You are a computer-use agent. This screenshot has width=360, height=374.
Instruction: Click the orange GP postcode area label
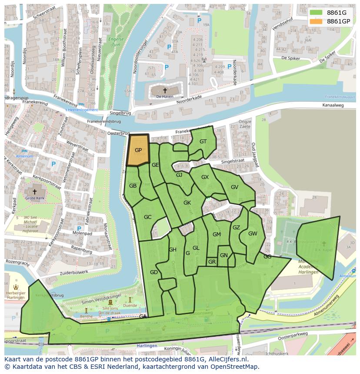point(138,150)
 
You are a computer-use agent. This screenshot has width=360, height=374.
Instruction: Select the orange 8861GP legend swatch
point(316,21)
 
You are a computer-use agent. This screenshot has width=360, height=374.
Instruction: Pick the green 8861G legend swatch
point(316,13)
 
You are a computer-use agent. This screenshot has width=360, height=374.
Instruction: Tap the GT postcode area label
point(203,142)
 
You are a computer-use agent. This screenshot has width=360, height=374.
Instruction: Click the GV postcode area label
point(234,187)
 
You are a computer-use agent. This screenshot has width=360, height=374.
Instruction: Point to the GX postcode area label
point(205,177)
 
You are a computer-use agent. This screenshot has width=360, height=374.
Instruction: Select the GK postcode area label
point(187,203)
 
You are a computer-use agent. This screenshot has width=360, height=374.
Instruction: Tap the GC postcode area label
point(147,217)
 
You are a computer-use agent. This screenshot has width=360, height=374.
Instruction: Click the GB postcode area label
point(133,186)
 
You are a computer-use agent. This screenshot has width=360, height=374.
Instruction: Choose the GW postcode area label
point(253,233)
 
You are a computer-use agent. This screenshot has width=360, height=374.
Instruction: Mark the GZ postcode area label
point(236,228)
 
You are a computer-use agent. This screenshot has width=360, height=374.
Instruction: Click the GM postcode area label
point(217,235)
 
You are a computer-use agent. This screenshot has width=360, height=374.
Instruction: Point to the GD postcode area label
point(153,272)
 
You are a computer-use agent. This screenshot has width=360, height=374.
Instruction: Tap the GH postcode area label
point(173,250)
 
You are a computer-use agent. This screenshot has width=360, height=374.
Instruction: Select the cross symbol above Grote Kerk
point(35,191)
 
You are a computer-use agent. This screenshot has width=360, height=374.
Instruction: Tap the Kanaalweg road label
point(333,105)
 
